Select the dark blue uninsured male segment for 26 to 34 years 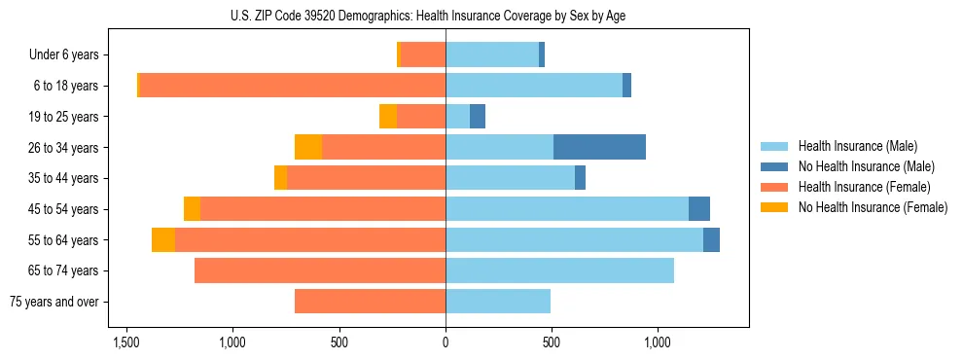pos(599,147)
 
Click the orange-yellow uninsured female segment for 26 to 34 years pos(308,147)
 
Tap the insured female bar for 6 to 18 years pos(292,86)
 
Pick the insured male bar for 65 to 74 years pos(559,270)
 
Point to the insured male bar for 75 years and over pos(498,302)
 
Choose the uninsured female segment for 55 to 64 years pos(163,240)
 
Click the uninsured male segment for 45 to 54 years pos(699,209)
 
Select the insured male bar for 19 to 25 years pos(458,117)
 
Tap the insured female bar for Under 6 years pos(423,54)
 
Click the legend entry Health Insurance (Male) pos(858,146)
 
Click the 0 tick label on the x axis pos(446,342)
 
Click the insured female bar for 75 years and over pos(370,302)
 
